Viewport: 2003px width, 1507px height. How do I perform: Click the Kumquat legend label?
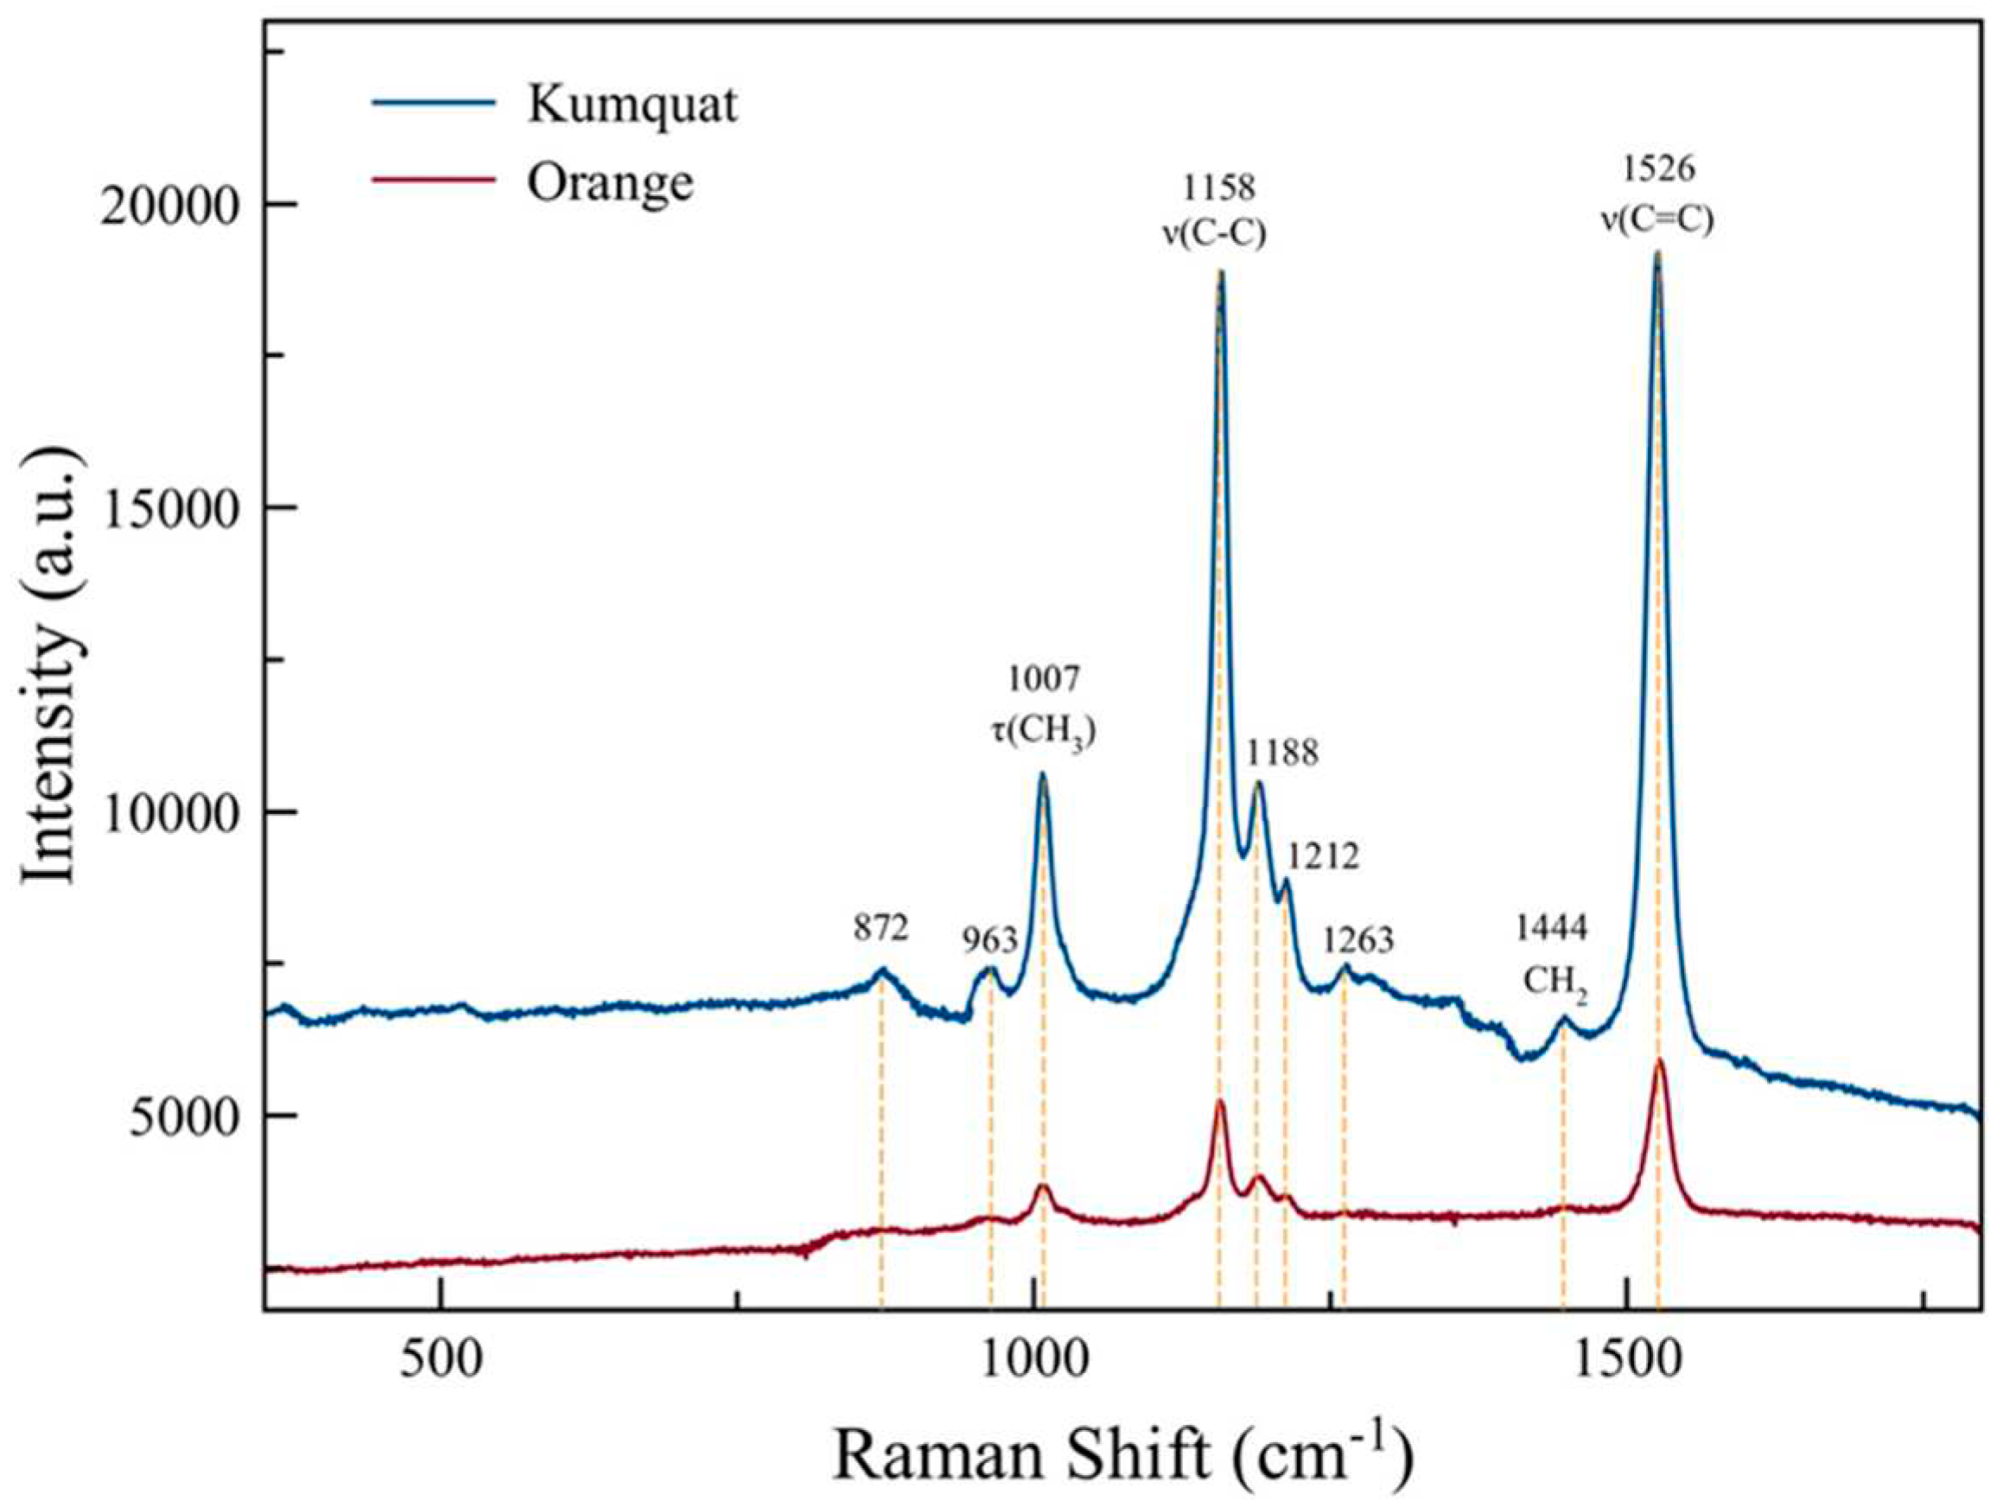click(x=632, y=106)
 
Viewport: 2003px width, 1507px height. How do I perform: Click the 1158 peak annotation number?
click(x=1220, y=188)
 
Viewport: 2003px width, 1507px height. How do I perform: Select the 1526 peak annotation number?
click(x=1659, y=169)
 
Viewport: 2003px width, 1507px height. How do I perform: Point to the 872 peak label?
click(x=881, y=927)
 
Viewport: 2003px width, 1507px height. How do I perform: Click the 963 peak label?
click(x=989, y=941)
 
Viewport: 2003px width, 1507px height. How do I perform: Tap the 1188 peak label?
click(x=1282, y=753)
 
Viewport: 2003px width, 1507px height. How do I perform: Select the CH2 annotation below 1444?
click(x=1555, y=982)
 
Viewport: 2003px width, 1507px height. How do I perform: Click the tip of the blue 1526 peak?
click(x=1658, y=256)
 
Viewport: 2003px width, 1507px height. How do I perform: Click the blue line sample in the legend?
click(x=434, y=102)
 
